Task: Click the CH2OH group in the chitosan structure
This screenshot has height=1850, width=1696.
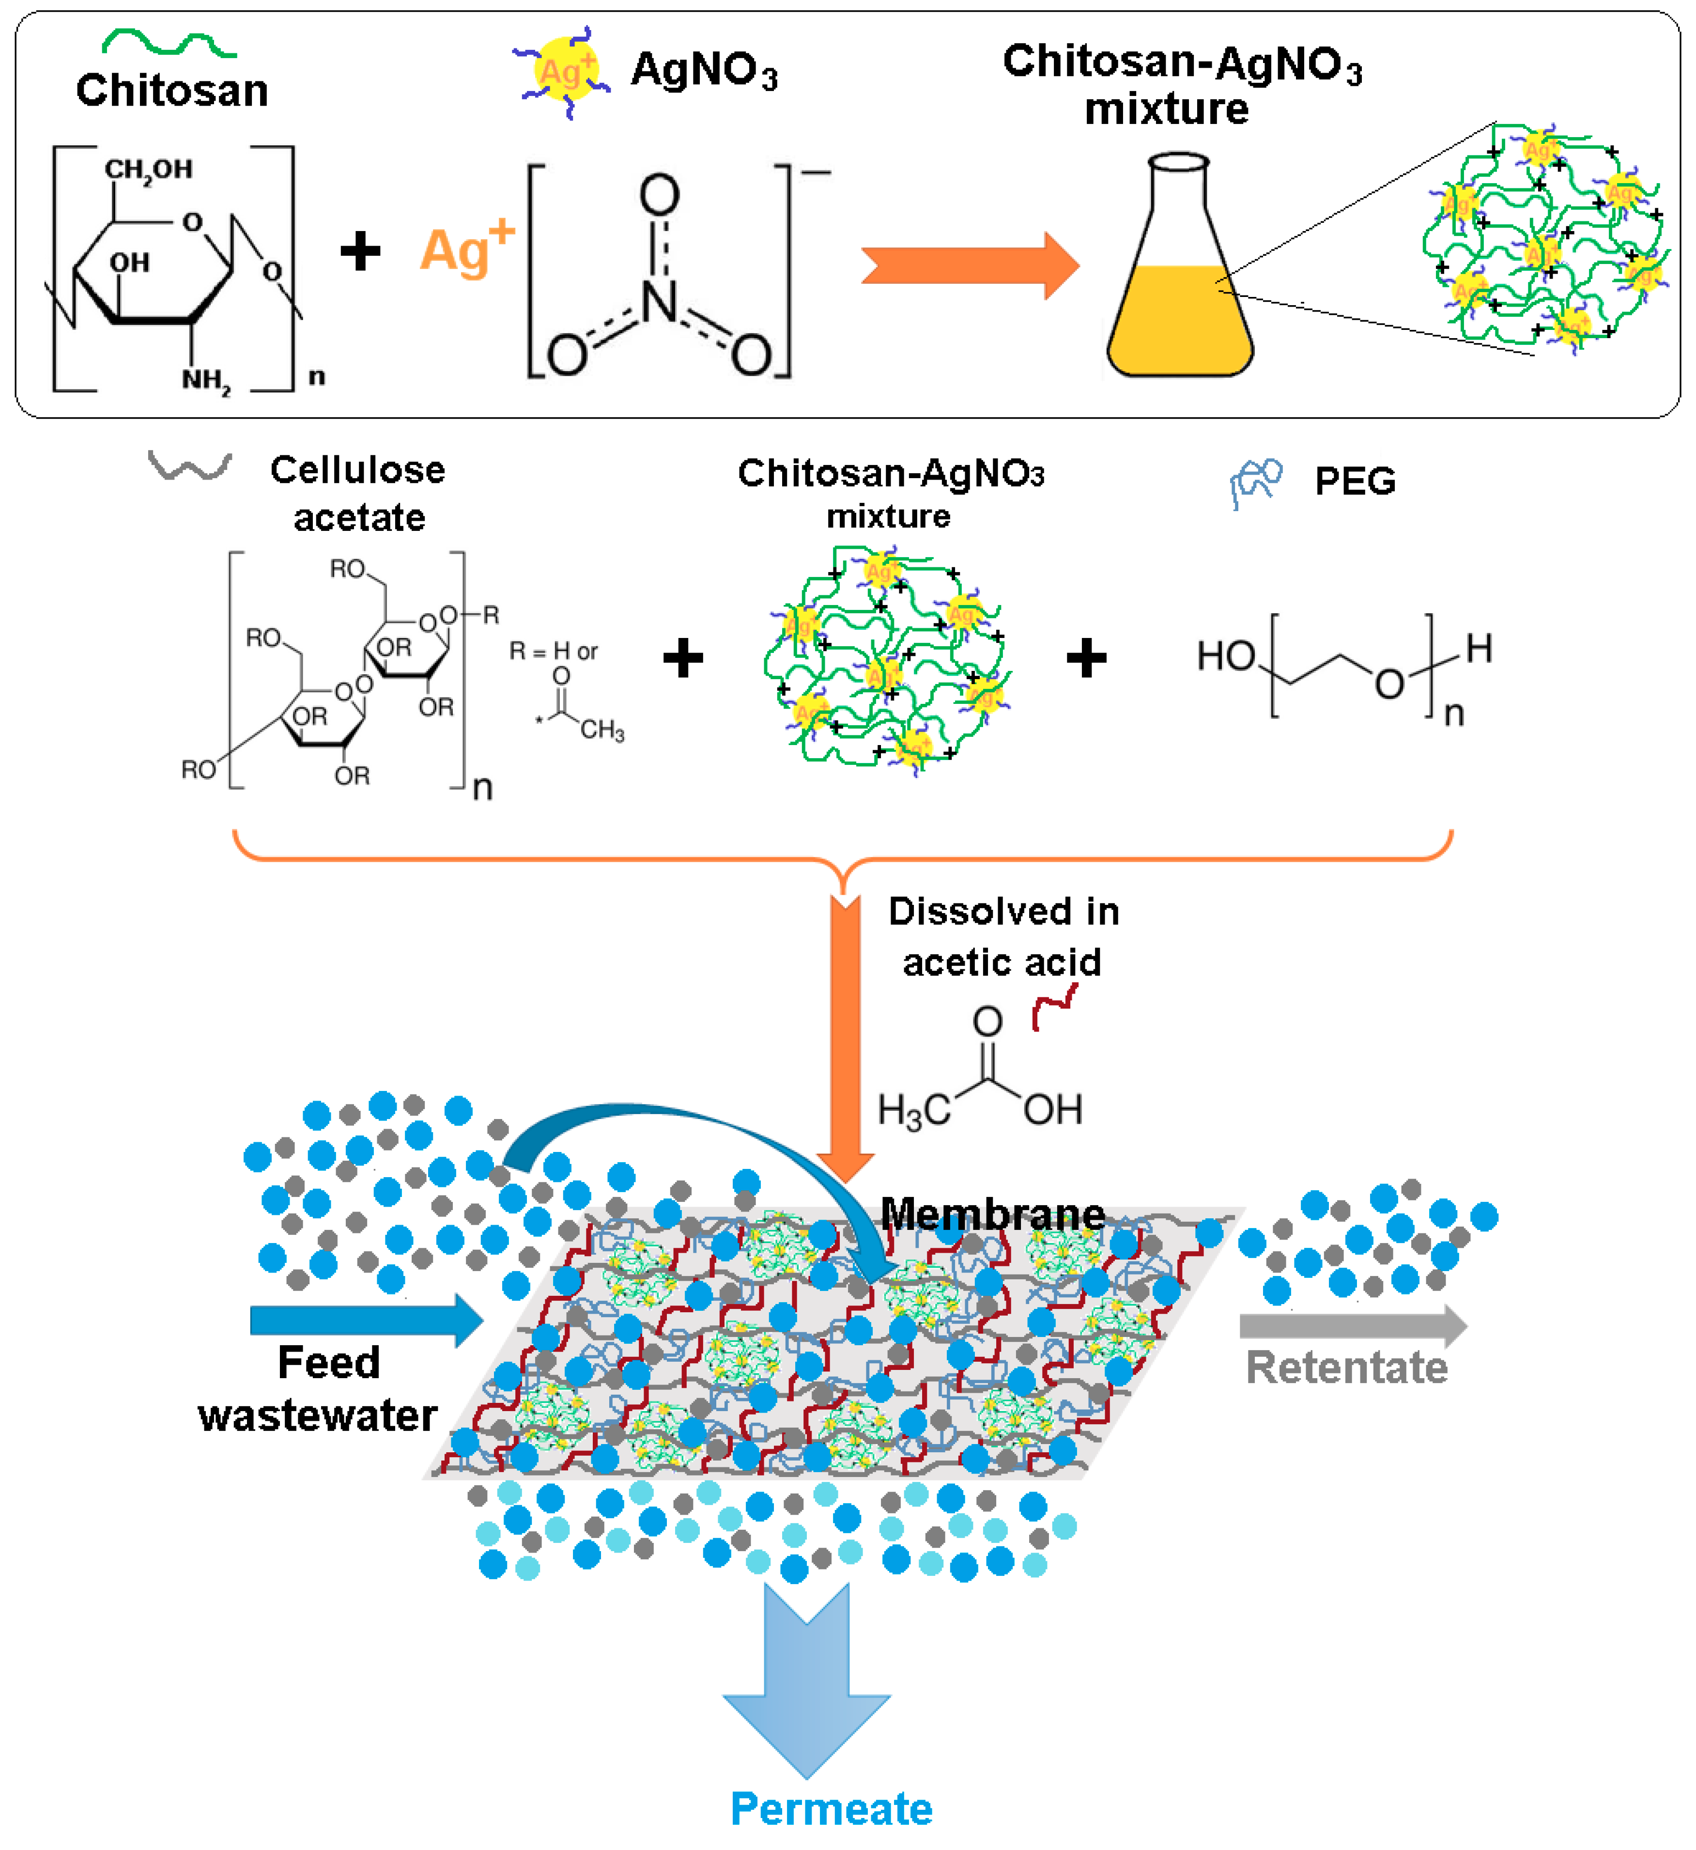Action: (148, 169)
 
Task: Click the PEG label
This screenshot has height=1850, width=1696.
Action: (1355, 481)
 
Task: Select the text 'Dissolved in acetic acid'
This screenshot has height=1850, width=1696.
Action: (1003, 936)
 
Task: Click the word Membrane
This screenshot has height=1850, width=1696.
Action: (992, 1214)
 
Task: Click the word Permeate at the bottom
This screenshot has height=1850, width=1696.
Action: (832, 1809)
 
